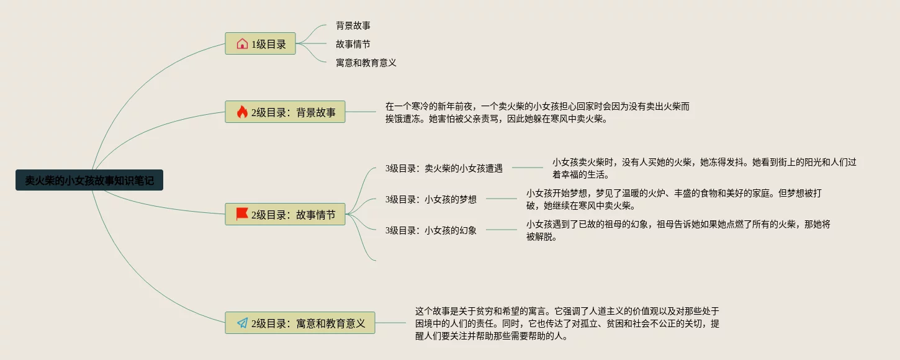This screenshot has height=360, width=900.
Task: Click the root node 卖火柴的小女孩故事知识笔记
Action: click(89, 180)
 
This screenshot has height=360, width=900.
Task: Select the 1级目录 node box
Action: click(260, 43)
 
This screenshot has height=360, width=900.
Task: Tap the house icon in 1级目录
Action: click(242, 43)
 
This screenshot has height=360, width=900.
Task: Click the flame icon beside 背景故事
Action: click(242, 112)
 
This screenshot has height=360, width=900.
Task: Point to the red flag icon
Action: click(242, 214)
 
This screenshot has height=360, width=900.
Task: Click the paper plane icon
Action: click(242, 323)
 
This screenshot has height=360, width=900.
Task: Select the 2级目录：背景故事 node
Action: click(285, 112)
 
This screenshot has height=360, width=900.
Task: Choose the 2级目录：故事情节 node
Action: click(285, 214)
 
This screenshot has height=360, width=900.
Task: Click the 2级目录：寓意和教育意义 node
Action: click(300, 323)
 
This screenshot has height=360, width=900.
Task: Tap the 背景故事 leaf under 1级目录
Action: click(353, 25)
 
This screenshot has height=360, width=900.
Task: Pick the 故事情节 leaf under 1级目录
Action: click(353, 44)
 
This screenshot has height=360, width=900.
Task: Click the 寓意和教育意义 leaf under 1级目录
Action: click(366, 63)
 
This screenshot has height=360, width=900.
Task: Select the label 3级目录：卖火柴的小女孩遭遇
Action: click(444, 168)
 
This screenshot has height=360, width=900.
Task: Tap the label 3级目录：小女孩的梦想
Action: click(431, 199)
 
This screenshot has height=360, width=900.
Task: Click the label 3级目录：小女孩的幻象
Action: click(431, 230)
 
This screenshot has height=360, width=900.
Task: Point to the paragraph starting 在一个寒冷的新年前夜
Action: click(537, 112)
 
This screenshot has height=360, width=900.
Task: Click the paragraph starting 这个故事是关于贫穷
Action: click(567, 323)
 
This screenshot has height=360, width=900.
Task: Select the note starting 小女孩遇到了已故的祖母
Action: click(678, 230)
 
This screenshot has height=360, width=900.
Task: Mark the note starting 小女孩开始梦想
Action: click(673, 199)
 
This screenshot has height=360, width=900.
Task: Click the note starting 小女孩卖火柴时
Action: click(704, 168)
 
